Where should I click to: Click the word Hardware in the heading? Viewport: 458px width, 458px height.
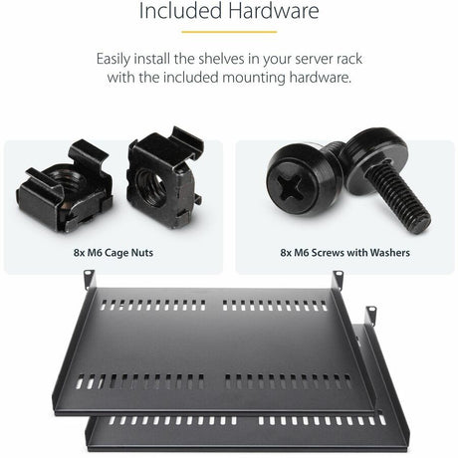pyautogui.click(x=272, y=13)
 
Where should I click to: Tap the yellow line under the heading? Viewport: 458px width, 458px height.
pyautogui.click(x=229, y=32)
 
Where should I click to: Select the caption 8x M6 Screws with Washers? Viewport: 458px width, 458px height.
pyautogui.click(x=343, y=253)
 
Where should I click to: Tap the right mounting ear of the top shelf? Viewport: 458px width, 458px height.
pyautogui.click(x=339, y=279)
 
